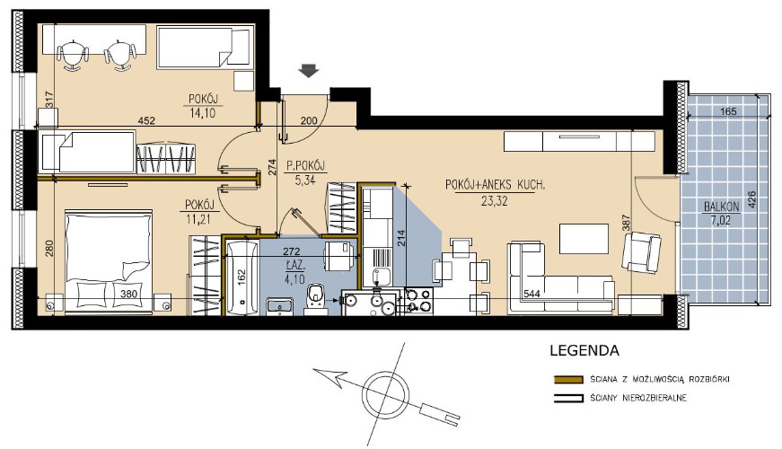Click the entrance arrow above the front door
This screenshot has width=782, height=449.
309,71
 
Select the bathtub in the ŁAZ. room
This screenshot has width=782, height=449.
242,277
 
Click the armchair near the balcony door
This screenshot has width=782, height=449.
641,252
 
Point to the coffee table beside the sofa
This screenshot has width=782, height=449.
584,239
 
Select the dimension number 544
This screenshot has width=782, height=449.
532,294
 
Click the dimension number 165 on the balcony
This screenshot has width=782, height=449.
729,111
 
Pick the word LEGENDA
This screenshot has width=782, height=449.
584,351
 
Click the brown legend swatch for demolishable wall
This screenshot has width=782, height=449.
568,380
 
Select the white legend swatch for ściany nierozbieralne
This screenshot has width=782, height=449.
568,399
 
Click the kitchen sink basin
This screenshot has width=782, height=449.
382,277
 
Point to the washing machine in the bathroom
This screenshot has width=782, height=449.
339,257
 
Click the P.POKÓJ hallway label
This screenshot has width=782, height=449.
305,165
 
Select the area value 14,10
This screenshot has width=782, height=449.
203,113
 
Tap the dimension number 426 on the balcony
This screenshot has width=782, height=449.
751,199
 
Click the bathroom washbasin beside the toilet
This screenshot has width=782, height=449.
280,305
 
